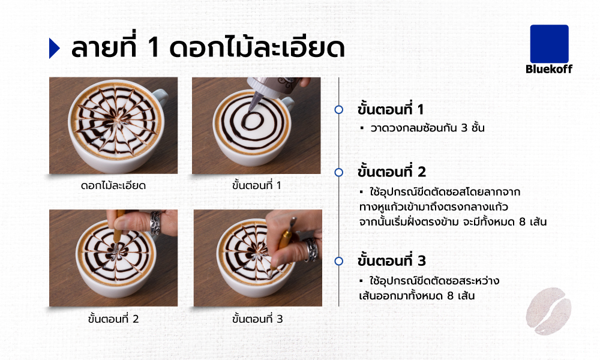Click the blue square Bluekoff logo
coord(549,44)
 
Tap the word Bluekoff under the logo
coord(549,69)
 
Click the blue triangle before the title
coord(55,48)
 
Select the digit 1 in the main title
coord(152,48)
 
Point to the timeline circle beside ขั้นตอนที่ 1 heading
coord(338,110)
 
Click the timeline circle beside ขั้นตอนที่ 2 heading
coord(338,173)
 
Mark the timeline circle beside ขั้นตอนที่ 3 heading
coord(338,261)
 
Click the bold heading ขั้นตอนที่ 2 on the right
coord(391,172)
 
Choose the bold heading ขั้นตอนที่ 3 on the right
coord(391,260)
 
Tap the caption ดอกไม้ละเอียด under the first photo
coord(113,185)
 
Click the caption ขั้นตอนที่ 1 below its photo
coord(256,185)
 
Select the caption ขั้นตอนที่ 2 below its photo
coord(113,319)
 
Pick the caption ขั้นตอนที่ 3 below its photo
coord(257,319)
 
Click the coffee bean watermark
coord(548,311)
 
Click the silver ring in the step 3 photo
coord(311,250)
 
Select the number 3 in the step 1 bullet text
coord(464,128)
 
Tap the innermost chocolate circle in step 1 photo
coord(253,121)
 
